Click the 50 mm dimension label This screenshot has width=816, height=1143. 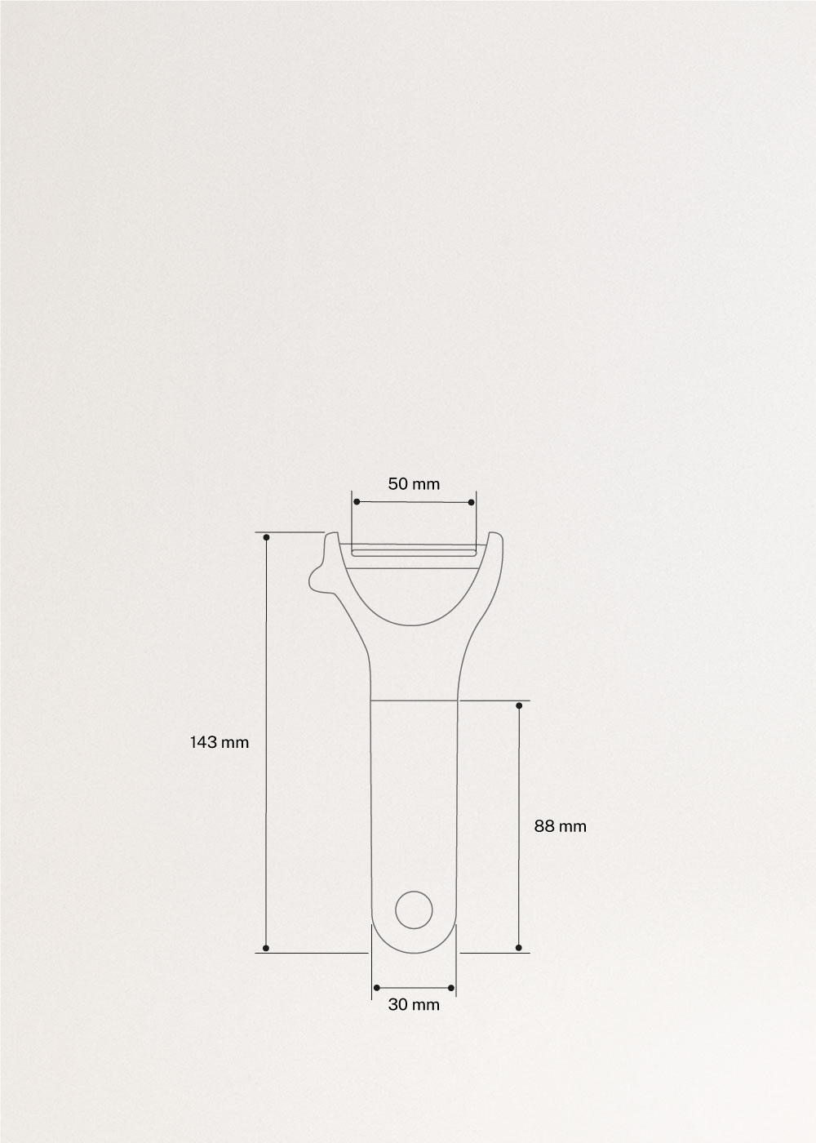tap(414, 484)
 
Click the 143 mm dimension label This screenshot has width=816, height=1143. tap(219, 742)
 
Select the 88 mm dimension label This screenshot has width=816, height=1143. tap(560, 826)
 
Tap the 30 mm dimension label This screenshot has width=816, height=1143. tap(414, 1005)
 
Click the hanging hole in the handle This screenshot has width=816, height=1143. tap(414, 910)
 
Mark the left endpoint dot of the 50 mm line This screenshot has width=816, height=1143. tap(356, 501)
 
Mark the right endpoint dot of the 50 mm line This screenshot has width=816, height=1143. tap(472, 501)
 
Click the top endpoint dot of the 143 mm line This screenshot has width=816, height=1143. tap(267, 536)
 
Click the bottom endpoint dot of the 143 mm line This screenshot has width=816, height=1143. tap(267, 948)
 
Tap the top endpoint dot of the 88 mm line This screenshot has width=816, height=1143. tap(519, 705)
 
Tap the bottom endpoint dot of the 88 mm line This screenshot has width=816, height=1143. tap(519, 948)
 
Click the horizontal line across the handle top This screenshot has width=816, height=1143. tap(414, 700)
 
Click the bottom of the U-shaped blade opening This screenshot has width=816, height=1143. tap(414, 625)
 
